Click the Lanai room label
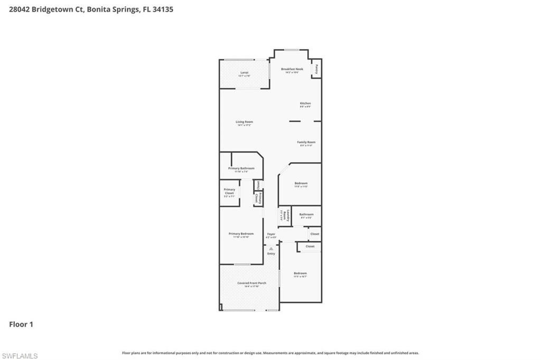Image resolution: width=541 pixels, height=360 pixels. (244, 72)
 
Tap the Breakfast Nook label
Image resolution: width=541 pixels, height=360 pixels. (292, 69)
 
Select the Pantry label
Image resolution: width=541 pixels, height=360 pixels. (316, 69)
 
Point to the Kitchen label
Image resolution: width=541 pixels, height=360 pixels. (305, 103)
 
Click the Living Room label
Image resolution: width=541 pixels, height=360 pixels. (244, 122)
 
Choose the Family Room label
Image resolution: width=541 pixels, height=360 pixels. (306, 142)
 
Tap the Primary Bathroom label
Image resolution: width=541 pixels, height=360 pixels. (241, 168)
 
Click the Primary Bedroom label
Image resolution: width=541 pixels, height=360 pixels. (241, 234)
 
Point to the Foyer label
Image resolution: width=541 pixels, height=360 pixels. (271, 234)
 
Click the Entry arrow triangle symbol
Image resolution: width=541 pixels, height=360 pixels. (271, 248)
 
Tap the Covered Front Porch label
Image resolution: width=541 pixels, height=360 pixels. (251, 283)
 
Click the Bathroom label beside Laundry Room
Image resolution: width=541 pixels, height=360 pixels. (306, 214)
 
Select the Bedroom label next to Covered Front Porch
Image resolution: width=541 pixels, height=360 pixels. (300, 273)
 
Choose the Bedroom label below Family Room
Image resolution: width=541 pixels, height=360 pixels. (301, 183)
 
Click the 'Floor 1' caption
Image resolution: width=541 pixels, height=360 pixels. (21, 325)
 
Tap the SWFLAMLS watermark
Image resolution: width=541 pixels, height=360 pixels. (19, 356)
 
